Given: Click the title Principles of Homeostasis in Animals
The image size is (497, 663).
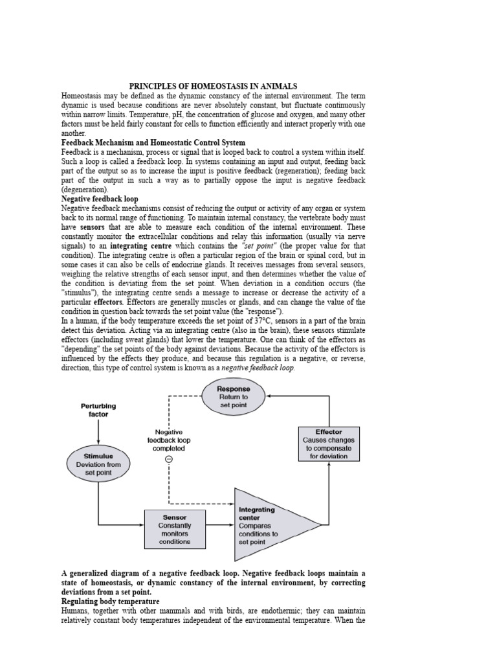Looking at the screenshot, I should coord(213,86).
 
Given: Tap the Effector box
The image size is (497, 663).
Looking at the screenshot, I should coord(329,444).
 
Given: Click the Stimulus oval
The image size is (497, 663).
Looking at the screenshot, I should coord(98,464).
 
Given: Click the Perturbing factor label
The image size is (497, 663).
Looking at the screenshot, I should coord(98,410).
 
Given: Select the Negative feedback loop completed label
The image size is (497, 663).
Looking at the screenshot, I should coord(168,440).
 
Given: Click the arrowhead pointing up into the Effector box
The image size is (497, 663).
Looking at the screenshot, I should coord(329,466).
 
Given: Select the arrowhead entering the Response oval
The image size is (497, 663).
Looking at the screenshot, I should coord(269,394).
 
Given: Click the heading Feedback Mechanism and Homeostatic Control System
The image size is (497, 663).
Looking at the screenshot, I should coord(153,142).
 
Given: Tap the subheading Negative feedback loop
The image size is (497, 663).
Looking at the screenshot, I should coord(100,199).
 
